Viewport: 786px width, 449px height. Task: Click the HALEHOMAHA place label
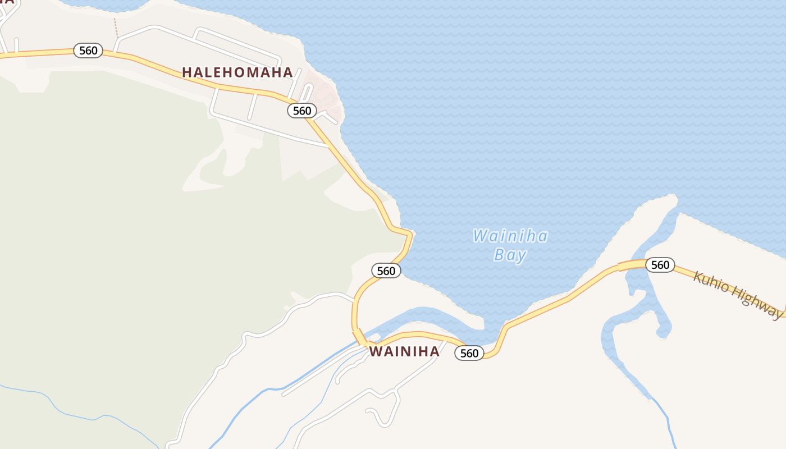tap(237, 72)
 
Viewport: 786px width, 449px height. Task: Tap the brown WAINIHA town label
tap(404, 352)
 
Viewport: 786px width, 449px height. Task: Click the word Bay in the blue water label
tap(510, 255)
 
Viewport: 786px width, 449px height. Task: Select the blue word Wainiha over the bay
tap(510, 236)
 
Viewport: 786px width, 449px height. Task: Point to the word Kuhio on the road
tap(712, 282)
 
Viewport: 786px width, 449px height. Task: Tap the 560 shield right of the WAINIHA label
tap(469, 353)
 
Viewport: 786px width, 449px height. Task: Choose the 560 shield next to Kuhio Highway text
tap(660, 265)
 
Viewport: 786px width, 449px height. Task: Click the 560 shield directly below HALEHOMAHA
tap(302, 111)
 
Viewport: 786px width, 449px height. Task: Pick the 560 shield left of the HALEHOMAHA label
tap(88, 51)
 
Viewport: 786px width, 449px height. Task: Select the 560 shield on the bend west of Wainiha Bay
tap(386, 271)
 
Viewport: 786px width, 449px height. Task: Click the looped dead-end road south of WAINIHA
tap(379, 415)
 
